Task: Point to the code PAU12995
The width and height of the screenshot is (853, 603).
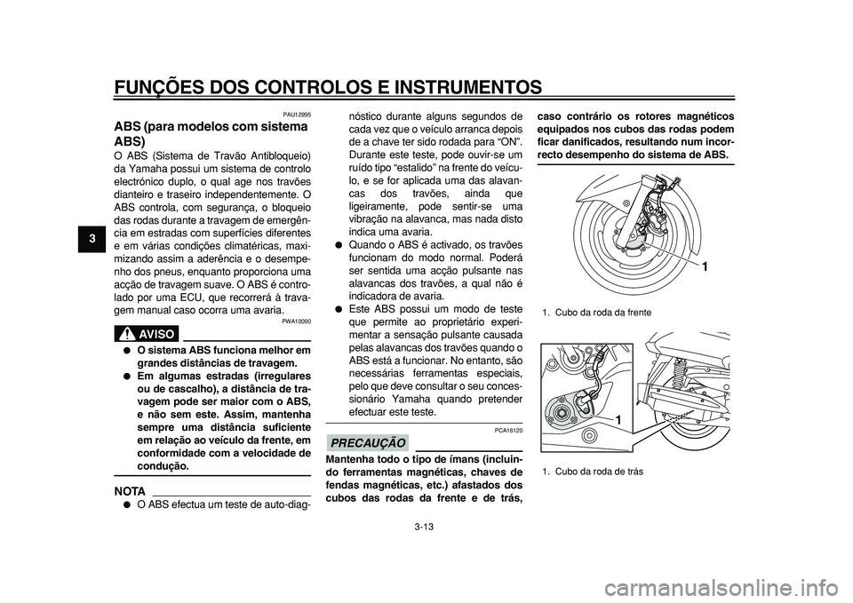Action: (296, 115)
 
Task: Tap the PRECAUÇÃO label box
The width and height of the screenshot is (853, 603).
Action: (367, 442)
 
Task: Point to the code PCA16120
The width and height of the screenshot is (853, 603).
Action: (508, 430)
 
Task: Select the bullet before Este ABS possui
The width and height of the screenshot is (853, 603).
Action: (332, 308)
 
